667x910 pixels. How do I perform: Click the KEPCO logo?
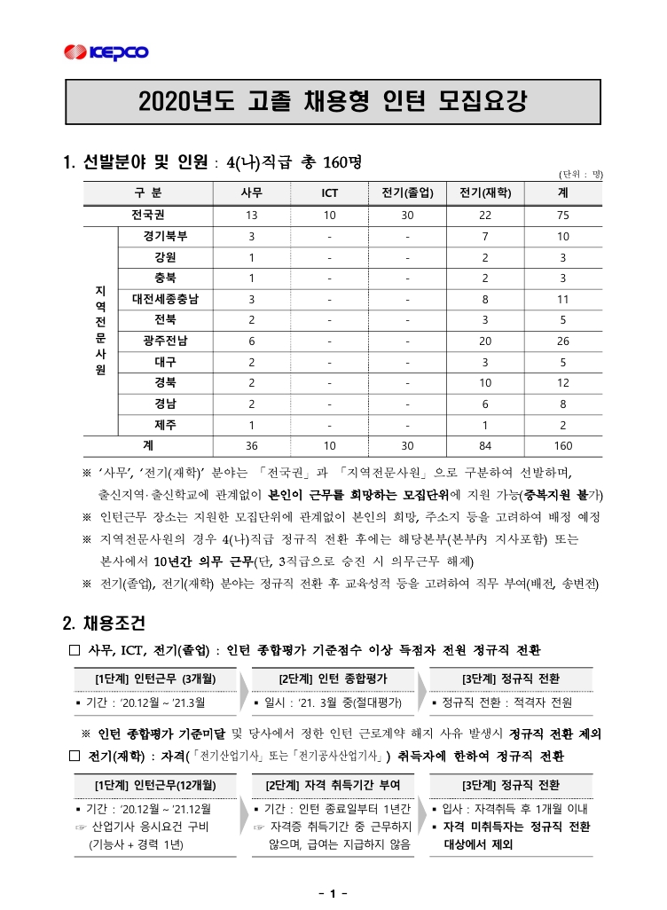pos(106,52)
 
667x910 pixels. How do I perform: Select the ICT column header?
pos(329,193)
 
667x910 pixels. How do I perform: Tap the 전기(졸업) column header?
pos(407,193)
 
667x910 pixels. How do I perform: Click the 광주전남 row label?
pos(165,341)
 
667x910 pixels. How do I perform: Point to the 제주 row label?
pos(165,424)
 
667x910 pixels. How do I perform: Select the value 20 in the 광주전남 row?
pos(485,341)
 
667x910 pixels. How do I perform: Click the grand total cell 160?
pos(563,445)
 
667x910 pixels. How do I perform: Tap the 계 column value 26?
pos(563,341)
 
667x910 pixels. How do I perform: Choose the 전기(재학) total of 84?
pos(485,445)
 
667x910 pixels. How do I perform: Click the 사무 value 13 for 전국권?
pos(252,216)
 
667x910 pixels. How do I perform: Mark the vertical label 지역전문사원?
pos(99,330)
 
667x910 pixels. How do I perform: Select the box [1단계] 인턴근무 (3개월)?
pos(156,679)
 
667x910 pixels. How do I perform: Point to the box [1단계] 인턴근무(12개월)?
pos(156,785)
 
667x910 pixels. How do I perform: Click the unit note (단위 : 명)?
pos(580,175)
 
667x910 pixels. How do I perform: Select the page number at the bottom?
pos(333,893)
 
